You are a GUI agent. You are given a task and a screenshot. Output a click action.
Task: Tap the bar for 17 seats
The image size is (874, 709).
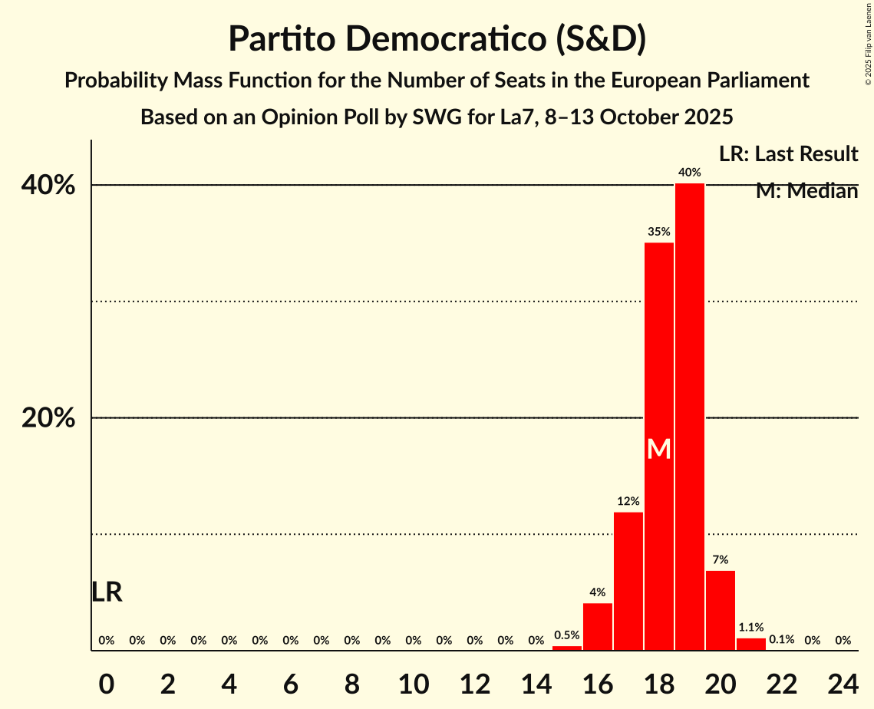(x=628, y=581)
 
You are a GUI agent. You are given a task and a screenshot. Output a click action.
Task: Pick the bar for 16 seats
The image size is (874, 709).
(x=598, y=627)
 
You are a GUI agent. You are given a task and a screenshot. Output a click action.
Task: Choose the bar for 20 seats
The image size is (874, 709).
(x=721, y=610)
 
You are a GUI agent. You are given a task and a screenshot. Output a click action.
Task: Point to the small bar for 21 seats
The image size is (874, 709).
(x=751, y=645)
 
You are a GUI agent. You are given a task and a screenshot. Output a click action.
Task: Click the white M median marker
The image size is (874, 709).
(x=659, y=449)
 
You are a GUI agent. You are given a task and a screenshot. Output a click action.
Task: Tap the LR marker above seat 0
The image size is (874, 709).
(x=107, y=592)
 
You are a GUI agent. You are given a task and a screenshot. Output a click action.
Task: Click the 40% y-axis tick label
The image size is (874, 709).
(x=48, y=186)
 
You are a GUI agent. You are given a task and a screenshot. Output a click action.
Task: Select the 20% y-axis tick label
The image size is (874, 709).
(x=48, y=418)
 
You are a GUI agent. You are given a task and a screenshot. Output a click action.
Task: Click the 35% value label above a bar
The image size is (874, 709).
(x=659, y=232)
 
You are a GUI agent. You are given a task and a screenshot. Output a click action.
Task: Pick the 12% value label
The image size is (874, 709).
(x=628, y=501)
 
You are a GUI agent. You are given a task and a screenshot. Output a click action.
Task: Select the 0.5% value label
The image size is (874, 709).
(x=567, y=635)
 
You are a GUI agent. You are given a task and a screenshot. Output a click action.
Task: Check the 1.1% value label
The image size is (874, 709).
(x=751, y=627)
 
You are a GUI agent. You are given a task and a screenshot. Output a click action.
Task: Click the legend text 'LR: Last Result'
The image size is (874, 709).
(x=788, y=154)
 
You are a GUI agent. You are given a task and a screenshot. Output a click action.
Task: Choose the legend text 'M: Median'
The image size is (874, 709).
(x=806, y=191)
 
